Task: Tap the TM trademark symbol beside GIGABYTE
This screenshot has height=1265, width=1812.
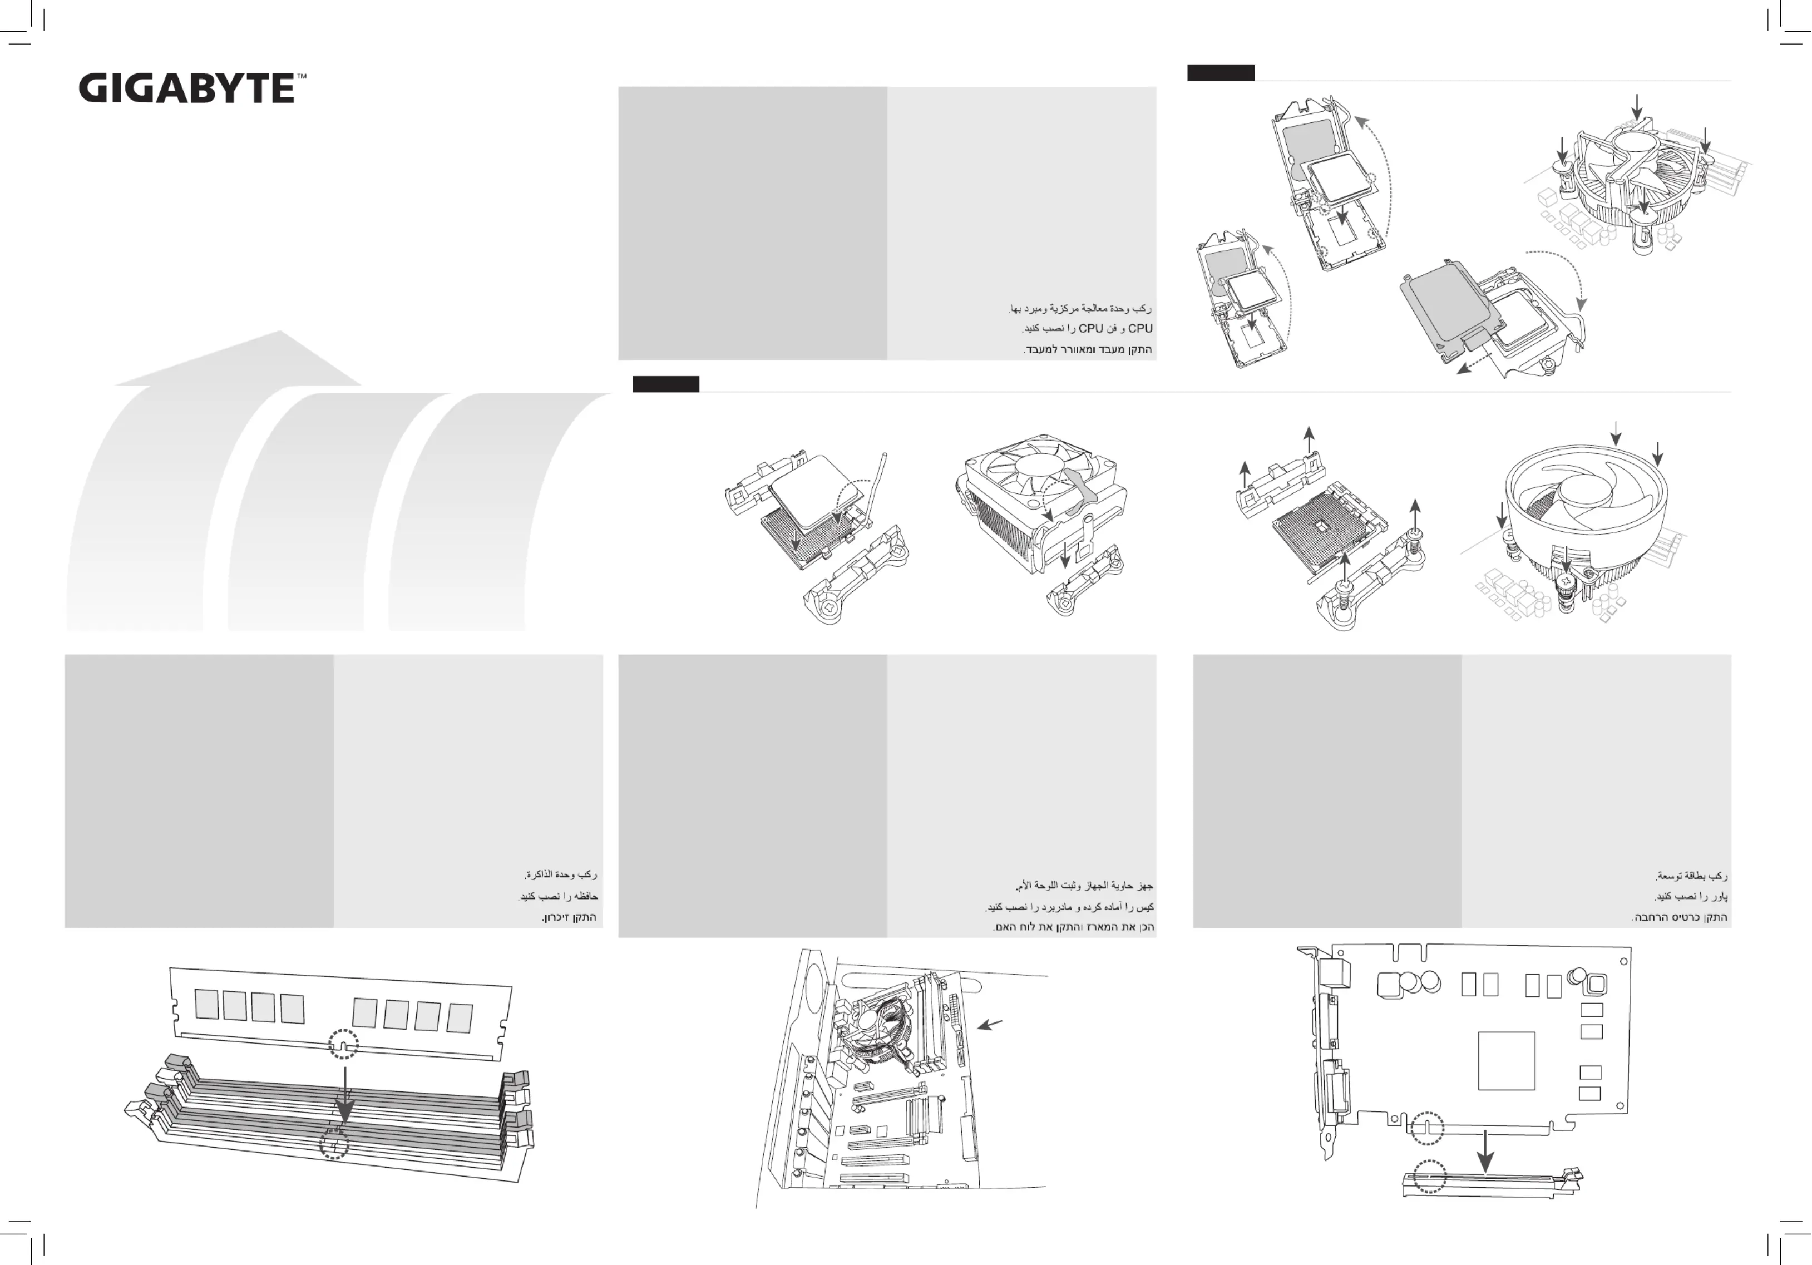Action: point(302,77)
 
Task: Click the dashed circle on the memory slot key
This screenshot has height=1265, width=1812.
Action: point(334,1143)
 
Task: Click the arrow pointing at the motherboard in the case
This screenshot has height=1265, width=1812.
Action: point(990,1024)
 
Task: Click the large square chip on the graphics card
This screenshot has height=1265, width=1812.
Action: point(1507,1060)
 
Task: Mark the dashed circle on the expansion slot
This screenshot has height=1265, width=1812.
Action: point(1429,1176)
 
